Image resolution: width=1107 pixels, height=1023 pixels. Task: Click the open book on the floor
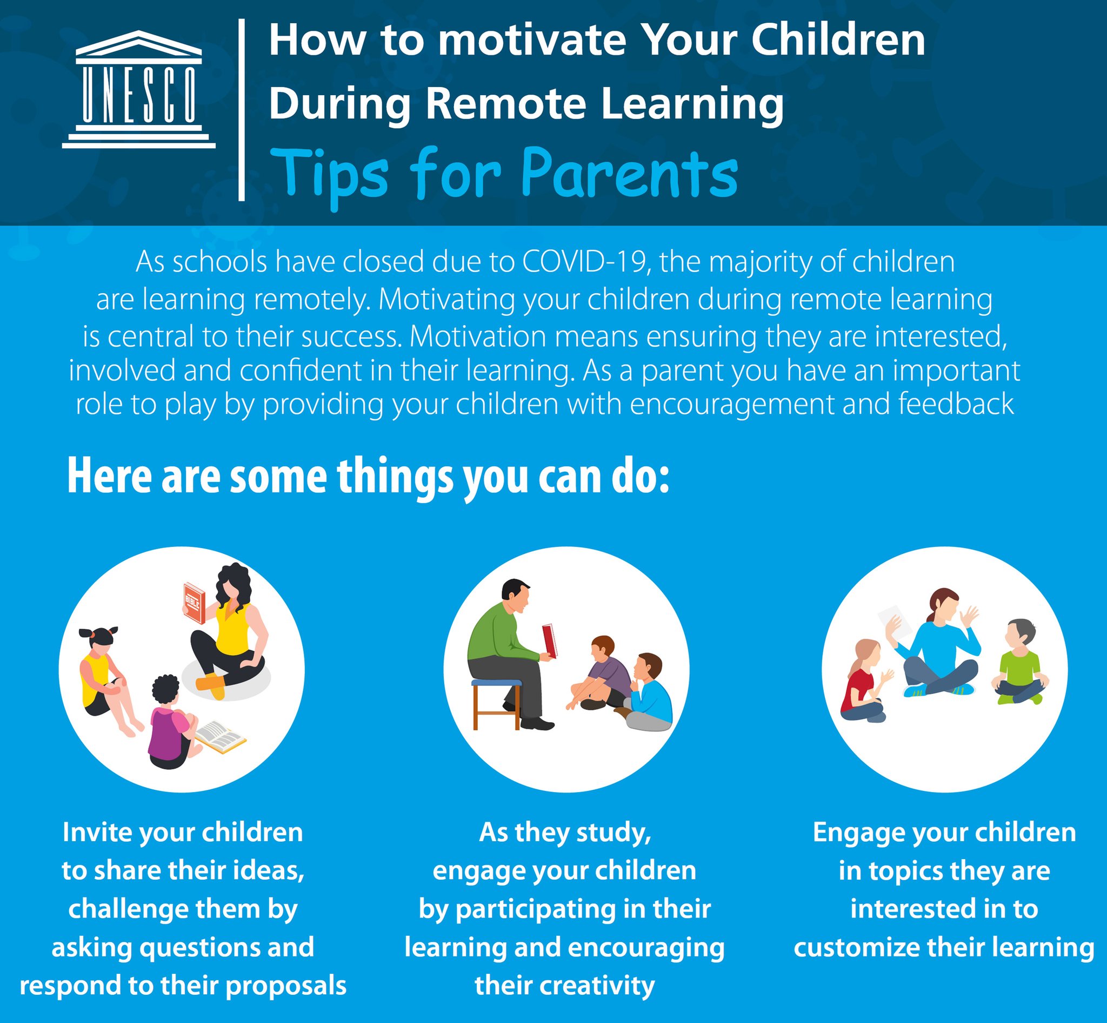[x=220, y=737]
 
